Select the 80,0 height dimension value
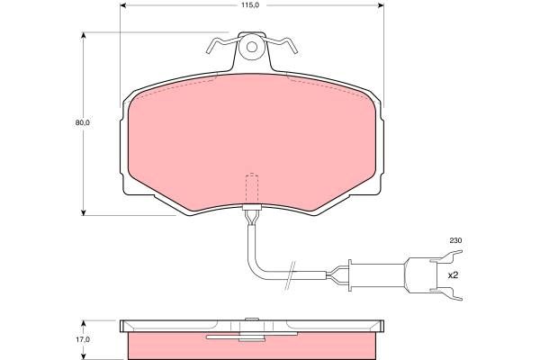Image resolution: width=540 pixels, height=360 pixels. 83,122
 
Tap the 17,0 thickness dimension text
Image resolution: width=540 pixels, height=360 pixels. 83,339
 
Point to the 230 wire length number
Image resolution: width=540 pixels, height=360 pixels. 455,241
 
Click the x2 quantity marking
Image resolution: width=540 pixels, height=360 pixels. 453,275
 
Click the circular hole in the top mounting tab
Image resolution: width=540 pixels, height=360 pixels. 252,47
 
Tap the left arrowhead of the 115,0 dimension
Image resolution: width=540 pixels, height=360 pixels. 123,5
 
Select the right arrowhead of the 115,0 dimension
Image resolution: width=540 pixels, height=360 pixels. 381,5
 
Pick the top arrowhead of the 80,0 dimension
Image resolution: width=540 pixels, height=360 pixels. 83,36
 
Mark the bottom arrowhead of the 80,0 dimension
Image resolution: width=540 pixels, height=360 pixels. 83,212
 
